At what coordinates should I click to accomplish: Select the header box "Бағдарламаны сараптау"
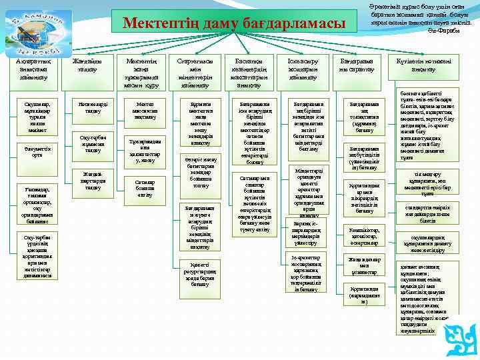point(356,66)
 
